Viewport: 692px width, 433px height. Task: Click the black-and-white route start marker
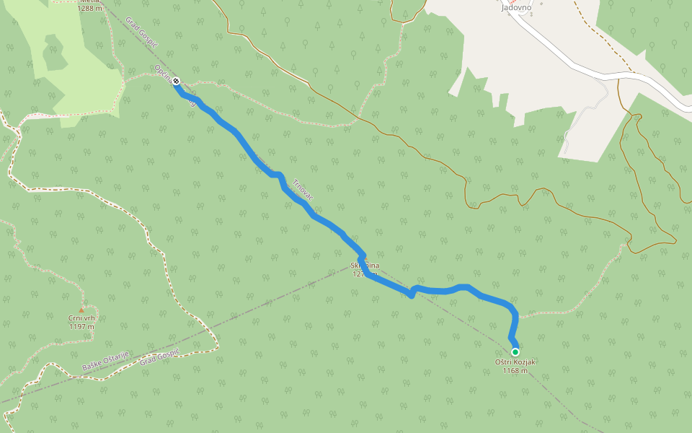click(176, 82)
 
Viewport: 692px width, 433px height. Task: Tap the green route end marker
click(515, 351)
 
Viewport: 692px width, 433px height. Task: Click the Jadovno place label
click(515, 7)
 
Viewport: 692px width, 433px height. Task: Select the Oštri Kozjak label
click(515, 362)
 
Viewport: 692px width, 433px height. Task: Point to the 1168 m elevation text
click(515, 371)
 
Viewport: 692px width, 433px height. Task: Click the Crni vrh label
click(81, 318)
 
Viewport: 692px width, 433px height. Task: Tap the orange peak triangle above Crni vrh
click(81, 310)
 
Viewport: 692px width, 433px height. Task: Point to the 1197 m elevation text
click(81, 326)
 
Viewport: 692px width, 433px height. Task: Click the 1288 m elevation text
click(89, 9)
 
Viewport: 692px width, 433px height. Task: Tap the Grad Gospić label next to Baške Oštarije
click(159, 355)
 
